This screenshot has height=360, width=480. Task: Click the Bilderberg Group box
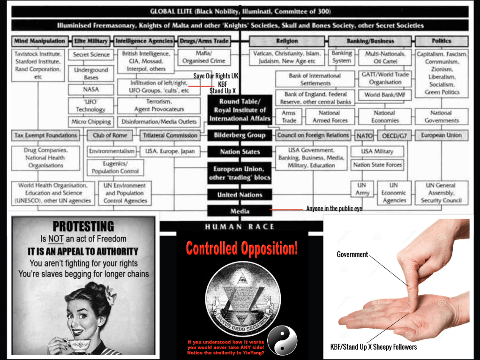(240, 135)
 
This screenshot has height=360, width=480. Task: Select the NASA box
(90, 89)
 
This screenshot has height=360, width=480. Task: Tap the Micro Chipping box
(91, 122)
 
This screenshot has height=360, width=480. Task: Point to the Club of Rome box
(110, 135)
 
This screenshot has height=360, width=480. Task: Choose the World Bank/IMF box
(385, 95)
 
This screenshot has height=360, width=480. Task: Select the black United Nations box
(240, 195)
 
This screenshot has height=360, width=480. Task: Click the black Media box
(240, 211)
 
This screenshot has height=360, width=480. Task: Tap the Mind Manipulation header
(40, 41)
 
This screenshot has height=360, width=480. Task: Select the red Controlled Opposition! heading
(242, 249)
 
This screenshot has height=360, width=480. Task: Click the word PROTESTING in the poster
(83, 226)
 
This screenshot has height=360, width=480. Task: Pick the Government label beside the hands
(352, 255)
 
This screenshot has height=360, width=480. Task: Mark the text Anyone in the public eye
(334, 209)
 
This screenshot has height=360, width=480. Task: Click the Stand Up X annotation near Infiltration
(222, 90)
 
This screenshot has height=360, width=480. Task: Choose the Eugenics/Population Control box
(115, 167)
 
